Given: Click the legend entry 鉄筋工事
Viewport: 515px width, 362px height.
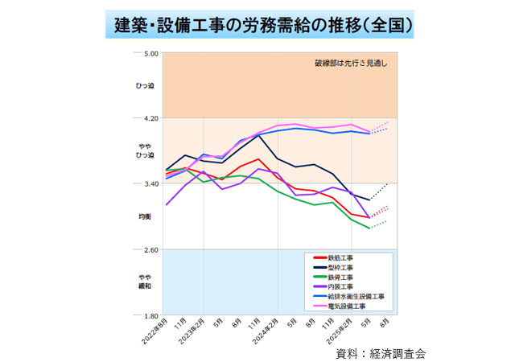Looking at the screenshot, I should pos(341,258).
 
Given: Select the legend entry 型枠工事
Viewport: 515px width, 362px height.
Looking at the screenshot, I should pos(341,268).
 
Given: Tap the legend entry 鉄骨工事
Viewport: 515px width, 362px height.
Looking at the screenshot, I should pos(341,278).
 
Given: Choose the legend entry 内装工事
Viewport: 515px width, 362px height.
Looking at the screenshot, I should pos(341,287).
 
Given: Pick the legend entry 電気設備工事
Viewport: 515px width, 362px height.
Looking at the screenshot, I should pos(347,306).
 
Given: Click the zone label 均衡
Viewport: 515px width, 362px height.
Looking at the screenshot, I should pos(146,217).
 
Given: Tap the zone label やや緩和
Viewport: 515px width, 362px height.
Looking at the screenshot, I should pos(146,281).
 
